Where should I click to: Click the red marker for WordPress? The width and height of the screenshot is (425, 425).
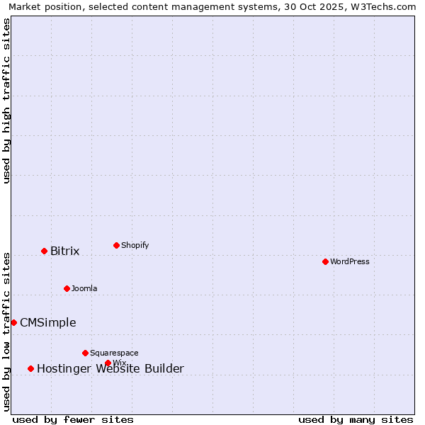point(325,261)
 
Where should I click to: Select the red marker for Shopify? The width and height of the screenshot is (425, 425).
point(116,245)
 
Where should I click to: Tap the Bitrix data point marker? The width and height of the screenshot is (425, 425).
point(44,251)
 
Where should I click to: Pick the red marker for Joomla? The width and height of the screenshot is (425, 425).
point(67,288)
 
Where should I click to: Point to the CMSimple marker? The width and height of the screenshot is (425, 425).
point(13,322)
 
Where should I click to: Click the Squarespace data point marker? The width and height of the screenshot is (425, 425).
point(85,353)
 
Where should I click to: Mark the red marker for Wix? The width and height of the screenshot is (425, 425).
point(108,363)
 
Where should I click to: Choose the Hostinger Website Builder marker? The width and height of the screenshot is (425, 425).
point(30,368)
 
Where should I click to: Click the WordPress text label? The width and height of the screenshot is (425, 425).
point(350,261)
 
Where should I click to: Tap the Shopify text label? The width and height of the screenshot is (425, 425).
point(135,245)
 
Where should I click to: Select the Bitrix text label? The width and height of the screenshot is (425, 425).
point(64,251)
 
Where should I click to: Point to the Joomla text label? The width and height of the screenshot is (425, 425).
point(84,288)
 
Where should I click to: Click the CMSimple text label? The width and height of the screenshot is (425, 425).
point(47,322)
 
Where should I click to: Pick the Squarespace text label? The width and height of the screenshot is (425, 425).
point(114,353)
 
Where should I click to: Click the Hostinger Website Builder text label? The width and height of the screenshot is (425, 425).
point(110,368)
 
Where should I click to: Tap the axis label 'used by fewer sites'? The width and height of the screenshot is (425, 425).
point(73,419)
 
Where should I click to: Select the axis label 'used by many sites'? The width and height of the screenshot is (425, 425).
point(356,419)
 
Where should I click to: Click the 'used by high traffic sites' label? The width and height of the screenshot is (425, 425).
point(6,101)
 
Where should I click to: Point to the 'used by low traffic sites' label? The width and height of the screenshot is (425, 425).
point(6,331)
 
